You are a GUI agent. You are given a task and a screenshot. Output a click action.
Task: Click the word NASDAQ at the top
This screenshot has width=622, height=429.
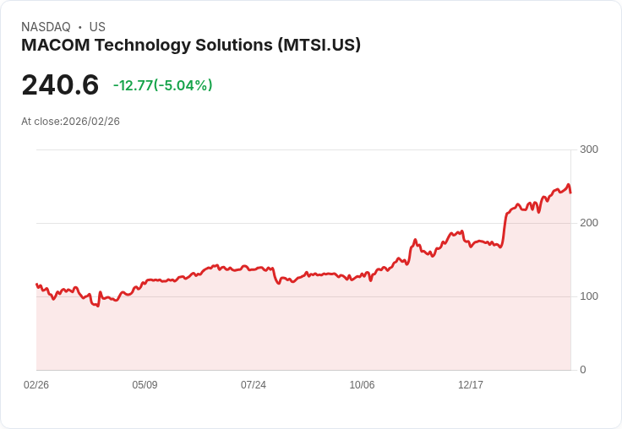point(46,27)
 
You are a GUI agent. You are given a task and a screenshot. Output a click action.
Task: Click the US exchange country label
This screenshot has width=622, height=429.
point(97,27)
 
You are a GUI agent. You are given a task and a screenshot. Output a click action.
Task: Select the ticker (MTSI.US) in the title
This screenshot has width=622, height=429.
point(319,46)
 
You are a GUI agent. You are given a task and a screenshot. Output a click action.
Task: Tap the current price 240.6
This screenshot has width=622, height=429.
point(60,84)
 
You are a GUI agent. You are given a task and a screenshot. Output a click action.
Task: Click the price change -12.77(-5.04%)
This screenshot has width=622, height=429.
point(162,85)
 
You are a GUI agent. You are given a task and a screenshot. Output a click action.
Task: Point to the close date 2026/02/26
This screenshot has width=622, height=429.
point(91,122)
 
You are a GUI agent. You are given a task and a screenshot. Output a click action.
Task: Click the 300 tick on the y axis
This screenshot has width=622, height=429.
point(588,149)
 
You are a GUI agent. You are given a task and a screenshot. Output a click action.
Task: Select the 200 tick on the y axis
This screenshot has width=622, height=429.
point(588,223)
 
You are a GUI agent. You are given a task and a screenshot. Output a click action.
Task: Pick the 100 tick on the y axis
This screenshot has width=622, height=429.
point(588,296)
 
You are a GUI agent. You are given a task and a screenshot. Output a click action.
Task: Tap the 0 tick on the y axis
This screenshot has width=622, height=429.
point(583,370)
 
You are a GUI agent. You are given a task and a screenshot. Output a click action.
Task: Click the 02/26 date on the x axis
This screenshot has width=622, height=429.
point(36,385)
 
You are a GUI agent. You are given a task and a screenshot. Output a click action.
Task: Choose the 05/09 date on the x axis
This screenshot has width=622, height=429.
point(145,385)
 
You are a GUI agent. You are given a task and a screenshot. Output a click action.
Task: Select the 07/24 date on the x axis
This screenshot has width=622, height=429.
point(254,385)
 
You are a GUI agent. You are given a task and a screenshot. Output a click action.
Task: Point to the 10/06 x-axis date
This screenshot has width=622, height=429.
point(362,385)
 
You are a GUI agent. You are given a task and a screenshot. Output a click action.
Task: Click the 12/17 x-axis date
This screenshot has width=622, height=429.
point(471,385)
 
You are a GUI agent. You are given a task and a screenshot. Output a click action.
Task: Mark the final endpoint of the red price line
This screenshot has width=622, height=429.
point(570,193)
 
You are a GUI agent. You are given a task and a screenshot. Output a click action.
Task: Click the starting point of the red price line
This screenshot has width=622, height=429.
point(36,285)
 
